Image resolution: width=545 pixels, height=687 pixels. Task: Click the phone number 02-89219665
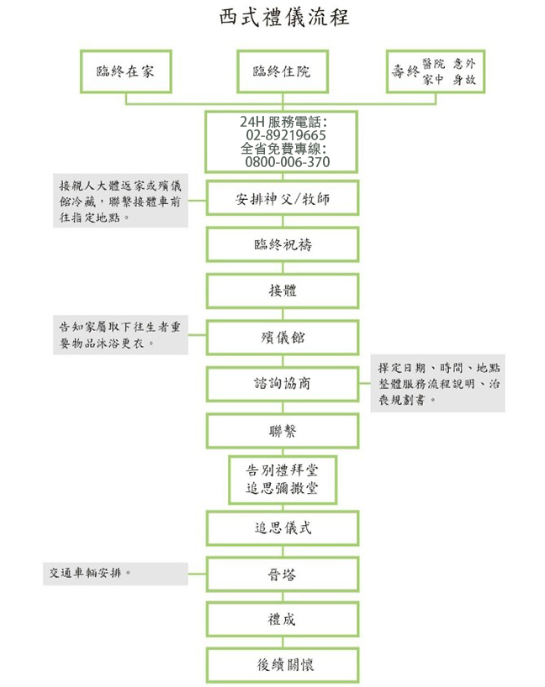286,135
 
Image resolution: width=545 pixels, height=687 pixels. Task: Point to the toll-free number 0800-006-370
287,161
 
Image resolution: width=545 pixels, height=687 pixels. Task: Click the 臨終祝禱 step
282,245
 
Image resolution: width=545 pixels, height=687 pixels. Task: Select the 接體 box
282,291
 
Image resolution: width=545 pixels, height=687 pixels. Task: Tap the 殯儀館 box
282,338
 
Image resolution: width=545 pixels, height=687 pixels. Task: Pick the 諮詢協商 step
282,384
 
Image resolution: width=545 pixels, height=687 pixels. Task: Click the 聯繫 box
282,430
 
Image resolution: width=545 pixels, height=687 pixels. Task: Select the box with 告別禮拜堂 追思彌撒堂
282,478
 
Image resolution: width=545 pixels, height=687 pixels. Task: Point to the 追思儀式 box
282,528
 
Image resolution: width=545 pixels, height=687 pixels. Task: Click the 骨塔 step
282,574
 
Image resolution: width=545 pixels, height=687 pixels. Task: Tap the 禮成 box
282,620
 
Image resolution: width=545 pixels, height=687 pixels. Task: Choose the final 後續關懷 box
282,665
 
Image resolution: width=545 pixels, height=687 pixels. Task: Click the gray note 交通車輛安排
115,574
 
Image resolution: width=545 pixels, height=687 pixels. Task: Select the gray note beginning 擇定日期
437,384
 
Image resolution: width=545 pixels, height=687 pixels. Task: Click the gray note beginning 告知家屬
116,334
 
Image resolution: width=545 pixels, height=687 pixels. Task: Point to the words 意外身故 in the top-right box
468,71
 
